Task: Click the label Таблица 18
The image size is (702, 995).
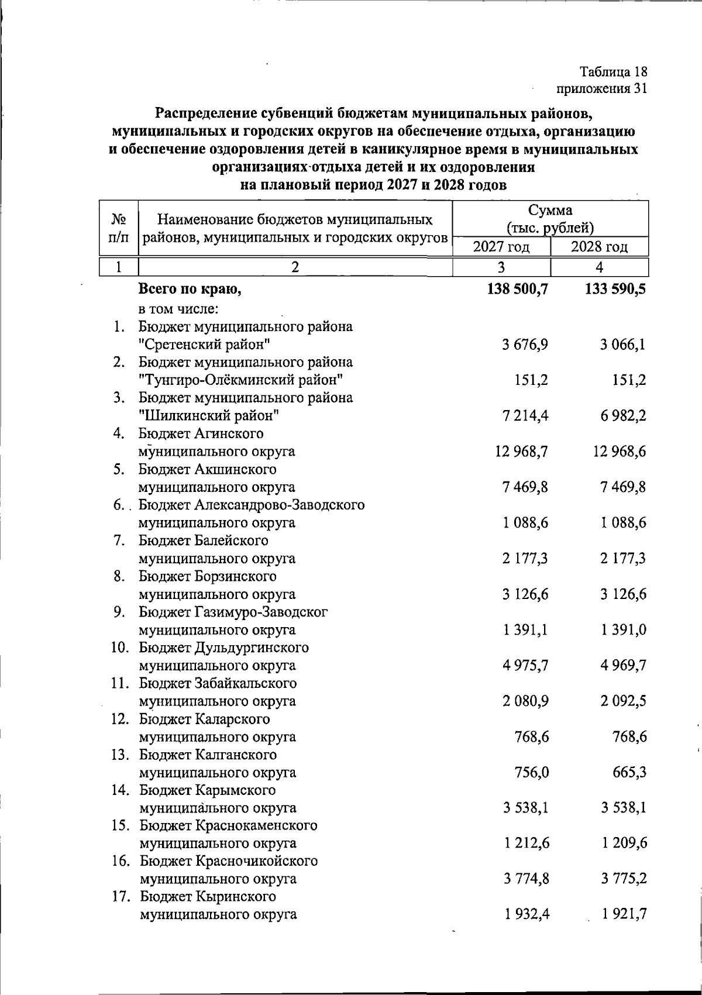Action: pos(614,72)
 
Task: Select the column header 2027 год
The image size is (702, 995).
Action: pos(501,247)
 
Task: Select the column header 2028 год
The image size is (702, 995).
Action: pos(599,247)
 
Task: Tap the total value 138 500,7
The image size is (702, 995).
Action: pos(517,289)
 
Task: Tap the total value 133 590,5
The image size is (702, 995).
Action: pos(615,289)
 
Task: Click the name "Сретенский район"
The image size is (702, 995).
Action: pos(204,345)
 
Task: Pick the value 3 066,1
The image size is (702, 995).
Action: pos(622,345)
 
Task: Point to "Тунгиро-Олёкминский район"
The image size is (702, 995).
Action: pos(240,380)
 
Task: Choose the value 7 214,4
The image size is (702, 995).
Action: pos(525,416)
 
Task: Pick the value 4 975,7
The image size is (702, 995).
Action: pos(525,666)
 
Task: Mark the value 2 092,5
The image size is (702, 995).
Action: pos(622,701)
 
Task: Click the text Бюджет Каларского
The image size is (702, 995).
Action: pos(204,719)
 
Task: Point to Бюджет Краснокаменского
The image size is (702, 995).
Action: pos(228,825)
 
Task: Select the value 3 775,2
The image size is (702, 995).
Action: pos(622,879)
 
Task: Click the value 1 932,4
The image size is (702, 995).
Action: pos(525,914)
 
